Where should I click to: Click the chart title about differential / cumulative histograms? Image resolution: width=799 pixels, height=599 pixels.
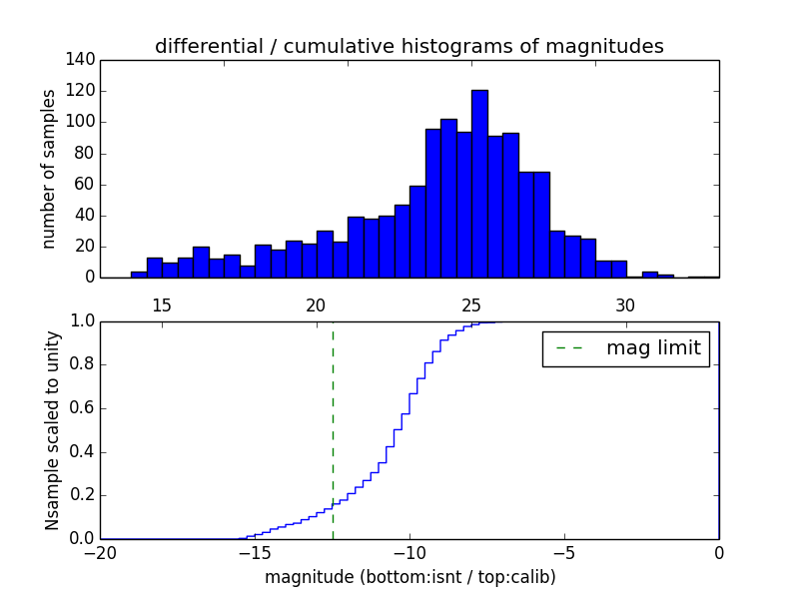pyautogui.click(x=408, y=47)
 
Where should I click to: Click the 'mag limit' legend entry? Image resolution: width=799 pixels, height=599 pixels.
pyautogui.click(x=626, y=348)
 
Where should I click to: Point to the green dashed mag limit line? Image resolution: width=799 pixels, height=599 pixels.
pyautogui.click(x=333, y=429)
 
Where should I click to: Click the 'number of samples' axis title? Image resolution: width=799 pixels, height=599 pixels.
pyautogui.click(x=49, y=169)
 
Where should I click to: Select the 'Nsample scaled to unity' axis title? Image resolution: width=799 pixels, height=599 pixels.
pyautogui.click(x=53, y=431)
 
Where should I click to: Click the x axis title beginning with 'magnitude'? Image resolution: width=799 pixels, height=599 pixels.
pyautogui.click(x=409, y=577)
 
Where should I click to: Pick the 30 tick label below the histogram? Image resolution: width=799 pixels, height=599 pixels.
pyautogui.click(x=625, y=304)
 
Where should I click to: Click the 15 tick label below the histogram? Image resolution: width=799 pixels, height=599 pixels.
pyautogui.click(x=162, y=304)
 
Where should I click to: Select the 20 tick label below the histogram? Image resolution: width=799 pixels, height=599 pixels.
pyautogui.click(x=317, y=304)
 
